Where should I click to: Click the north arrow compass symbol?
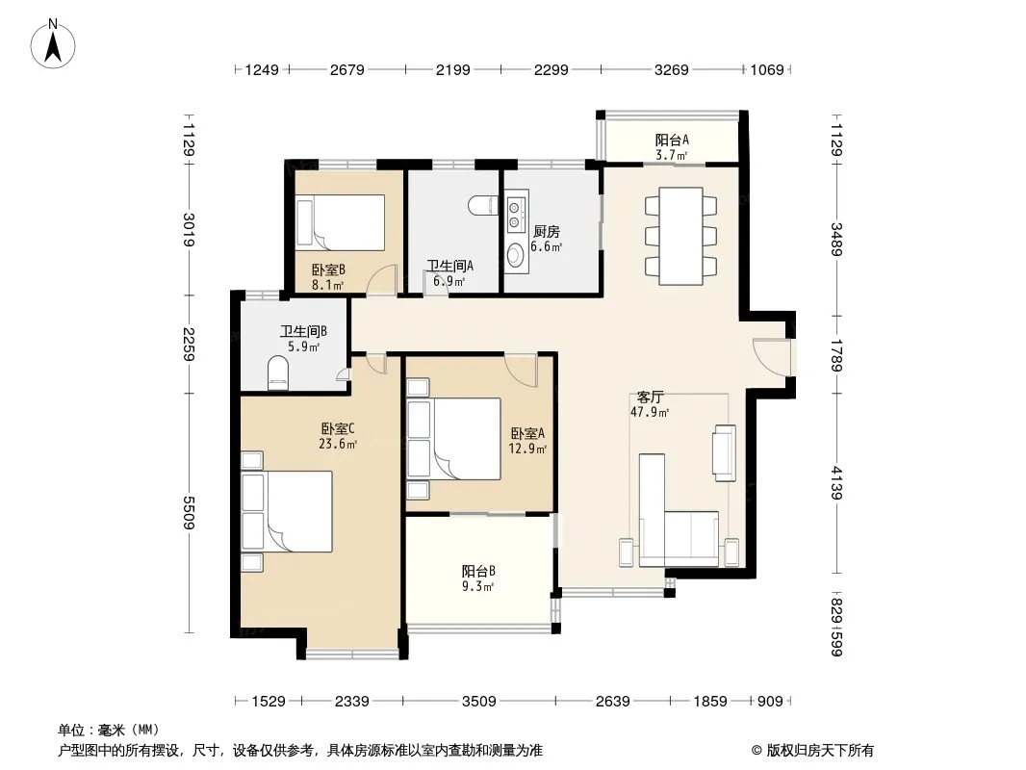(x=53, y=44)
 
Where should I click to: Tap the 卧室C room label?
(x=338, y=429)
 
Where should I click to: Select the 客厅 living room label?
(x=650, y=398)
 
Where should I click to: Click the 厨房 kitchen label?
(x=547, y=232)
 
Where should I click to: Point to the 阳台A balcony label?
(x=672, y=140)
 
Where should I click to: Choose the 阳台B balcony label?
(x=478, y=571)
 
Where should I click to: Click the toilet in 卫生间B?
(x=278, y=372)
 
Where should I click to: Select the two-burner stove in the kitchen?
(x=516, y=212)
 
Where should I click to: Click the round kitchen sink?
(x=516, y=254)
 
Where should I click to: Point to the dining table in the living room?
(x=680, y=236)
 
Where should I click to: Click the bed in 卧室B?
(x=340, y=222)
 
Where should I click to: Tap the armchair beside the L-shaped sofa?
(x=725, y=452)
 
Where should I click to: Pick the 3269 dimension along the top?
(x=672, y=69)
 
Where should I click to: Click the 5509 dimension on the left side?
(x=189, y=512)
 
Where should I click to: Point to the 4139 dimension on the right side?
(x=837, y=483)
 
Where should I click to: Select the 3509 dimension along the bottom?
(x=479, y=702)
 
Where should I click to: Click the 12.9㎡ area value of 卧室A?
(x=527, y=449)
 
